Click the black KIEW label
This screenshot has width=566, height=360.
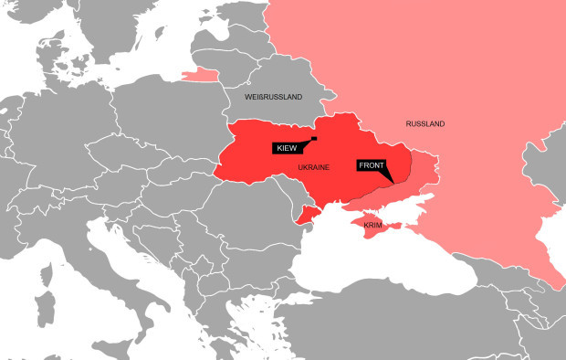pos(287,147)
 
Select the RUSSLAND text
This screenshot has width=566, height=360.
pos(424,123)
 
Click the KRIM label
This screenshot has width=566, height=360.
pos(372,225)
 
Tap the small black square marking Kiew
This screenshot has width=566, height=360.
pos(313,139)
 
